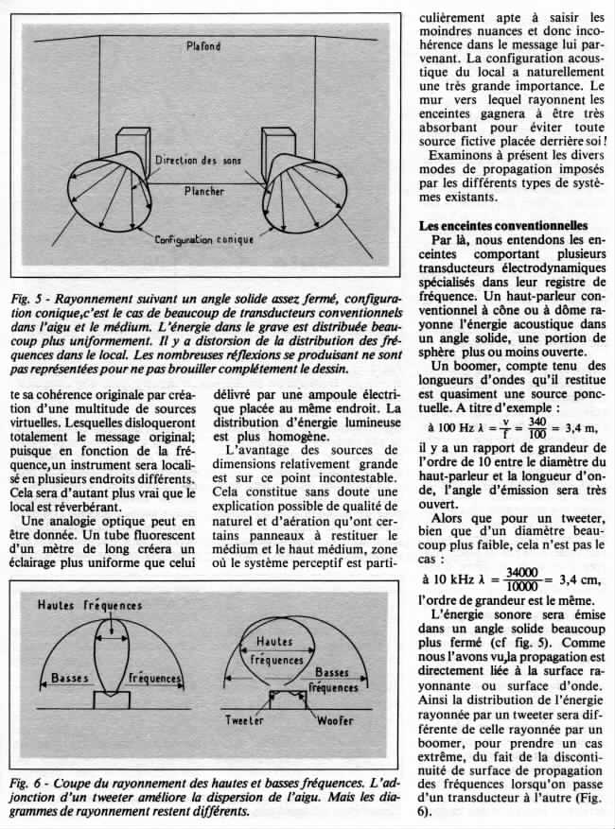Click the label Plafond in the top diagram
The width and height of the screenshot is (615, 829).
(x=203, y=44)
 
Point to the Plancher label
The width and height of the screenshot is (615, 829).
(x=204, y=191)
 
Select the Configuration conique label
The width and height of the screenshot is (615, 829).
(x=205, y=240)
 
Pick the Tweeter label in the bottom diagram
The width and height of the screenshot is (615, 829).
(x=244, y=720)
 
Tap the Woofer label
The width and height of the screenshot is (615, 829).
(x=334, y=720)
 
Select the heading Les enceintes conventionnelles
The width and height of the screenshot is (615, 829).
(x=503, y=225)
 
